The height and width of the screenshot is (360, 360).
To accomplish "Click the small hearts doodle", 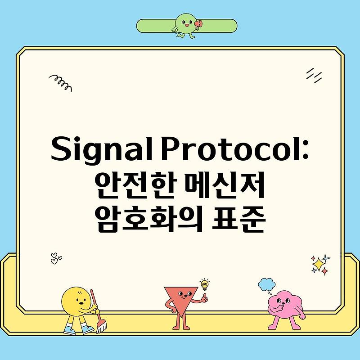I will (56, 258).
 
